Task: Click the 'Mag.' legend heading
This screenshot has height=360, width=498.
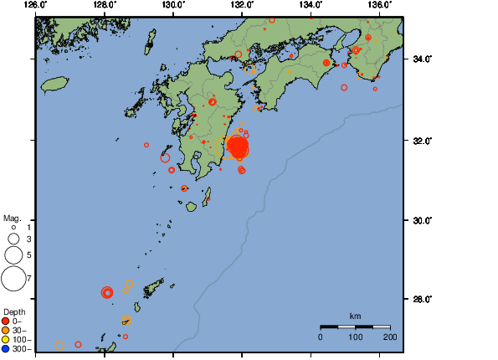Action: pyautogui.click(x=12, y=217)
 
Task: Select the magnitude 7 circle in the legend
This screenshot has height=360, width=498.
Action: pyautogui.click(x=13, y=278)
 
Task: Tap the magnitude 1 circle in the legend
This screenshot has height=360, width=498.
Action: pyautogui.click(x=13, y=228)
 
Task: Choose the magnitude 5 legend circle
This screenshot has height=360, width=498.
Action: pyautogui.click(x=13, y=255)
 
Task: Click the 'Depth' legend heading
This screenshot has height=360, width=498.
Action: pyautogui.click(x=14, y=311)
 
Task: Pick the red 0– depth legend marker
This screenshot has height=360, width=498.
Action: pyautogui.click(x=7, y=321)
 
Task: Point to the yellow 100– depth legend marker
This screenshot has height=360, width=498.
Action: pyautogui.click(x=7, y=340)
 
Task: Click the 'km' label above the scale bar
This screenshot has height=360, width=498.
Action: pyautogui.click(x=355, y=316)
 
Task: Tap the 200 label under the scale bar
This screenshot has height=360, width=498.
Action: pyautogui.click(x=389, y=337)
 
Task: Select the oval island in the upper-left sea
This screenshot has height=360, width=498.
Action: pyautogui.click(x=54, y=84)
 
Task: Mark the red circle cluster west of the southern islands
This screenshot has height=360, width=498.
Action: pyautogui.click(x=107, y=292)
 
